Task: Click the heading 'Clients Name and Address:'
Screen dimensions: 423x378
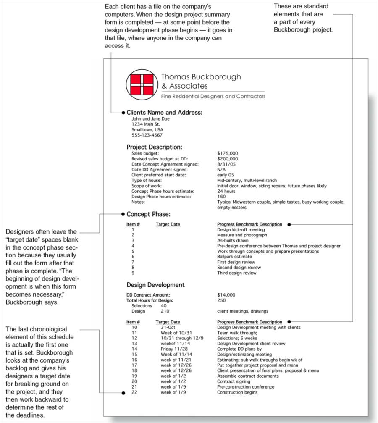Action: coord(164,113)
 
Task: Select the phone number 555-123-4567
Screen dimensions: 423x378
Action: coord(147,135)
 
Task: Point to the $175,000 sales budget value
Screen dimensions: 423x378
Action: coord(227,153)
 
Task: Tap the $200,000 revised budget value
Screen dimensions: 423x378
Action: coord(227,159)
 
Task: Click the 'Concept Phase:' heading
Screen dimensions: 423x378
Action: coord(148,214)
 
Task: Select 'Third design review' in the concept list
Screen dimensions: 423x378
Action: coord(236,273)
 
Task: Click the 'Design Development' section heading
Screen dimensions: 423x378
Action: coord(155,285)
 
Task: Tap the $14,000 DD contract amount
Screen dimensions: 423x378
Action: coord(226,295)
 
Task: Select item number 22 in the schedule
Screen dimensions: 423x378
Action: coord(134,392)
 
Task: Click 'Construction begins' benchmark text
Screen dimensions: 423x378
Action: coord(237,392)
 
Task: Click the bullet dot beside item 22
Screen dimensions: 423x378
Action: coord(123,393)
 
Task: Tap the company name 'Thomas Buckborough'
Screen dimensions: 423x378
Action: coord(201,77)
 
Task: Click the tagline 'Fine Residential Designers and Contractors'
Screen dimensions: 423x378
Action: coord(213,96)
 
